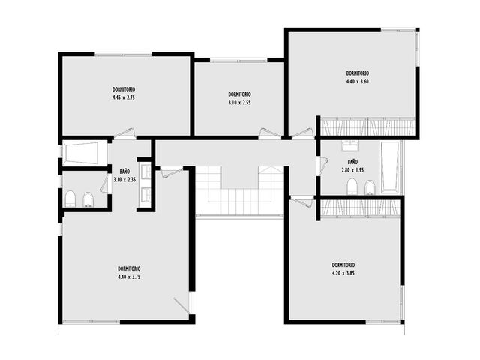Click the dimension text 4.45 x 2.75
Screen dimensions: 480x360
coord(124,97)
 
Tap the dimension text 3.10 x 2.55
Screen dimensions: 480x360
coord(239,103)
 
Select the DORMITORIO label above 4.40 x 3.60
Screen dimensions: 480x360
coord(358,73)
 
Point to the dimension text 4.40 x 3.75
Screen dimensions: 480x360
coord(129,277)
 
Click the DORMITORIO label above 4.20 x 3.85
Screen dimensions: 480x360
coord(343,265)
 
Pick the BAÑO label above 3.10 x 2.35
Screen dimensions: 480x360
coord(124,172)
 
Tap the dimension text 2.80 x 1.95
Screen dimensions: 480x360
coord(352,170)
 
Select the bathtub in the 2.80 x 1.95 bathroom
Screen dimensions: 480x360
coord(391,167)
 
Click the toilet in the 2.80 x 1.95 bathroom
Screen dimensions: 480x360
coord(352,187)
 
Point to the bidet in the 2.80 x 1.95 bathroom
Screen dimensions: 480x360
coord(370,187)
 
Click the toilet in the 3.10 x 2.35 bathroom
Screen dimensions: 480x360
coord(70,199)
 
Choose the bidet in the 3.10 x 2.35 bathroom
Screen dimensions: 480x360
coord(88,200)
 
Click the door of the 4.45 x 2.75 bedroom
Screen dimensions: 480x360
coord(124,133)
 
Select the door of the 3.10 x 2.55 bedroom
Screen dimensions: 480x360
coord(269,133)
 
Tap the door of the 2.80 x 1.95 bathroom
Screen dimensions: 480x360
coord(322,166)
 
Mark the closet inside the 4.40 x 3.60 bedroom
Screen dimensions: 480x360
coord(367,126)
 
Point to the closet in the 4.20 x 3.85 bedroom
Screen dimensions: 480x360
coord(360,208)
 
